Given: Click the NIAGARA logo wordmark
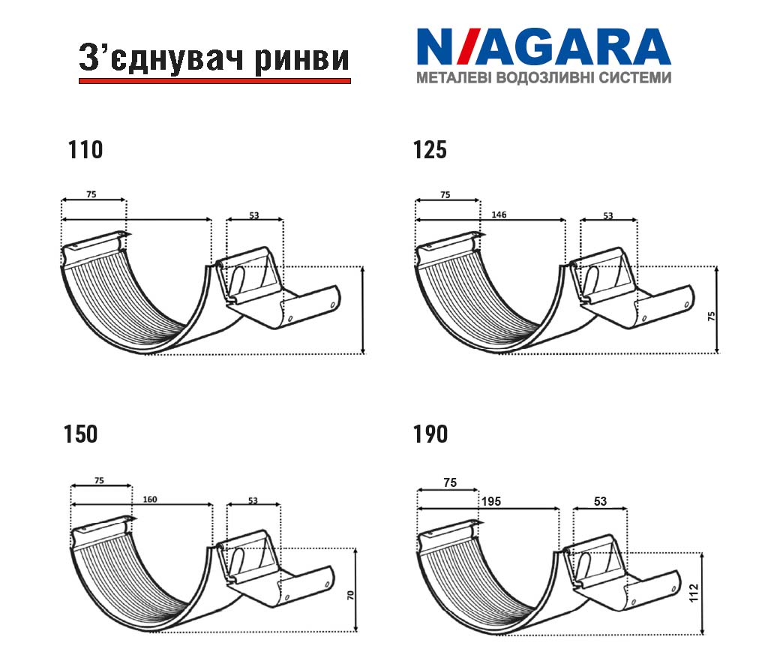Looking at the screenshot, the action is point(544,47).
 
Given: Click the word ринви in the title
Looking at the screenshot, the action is point(302,59).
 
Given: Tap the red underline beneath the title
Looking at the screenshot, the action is point(214,81).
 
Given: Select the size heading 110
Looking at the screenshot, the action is point(85,150).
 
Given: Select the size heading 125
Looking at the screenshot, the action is point(430,150).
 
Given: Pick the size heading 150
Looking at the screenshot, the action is point(81,434).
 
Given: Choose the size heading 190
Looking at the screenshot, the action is point(430,434).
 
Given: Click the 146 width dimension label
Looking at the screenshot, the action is point(499,215).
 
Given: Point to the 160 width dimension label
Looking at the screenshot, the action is point(150,499).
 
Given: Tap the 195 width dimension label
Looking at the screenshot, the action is point(491,501).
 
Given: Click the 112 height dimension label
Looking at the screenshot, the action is point(694,593).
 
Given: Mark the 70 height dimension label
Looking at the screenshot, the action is point(351,595).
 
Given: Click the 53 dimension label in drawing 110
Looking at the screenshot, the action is point(253,215).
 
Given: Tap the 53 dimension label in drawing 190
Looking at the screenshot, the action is point(600,501).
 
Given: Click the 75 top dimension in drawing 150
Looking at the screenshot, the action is point(99,480).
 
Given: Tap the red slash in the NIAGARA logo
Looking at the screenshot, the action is point(462,47).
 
